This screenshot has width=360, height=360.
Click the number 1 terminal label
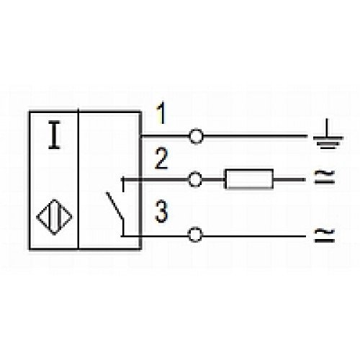pyautogui.click(x=161, y=113)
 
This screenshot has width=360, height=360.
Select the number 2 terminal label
pyautogui.click(x=161, y=158)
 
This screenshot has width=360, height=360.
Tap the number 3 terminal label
pyautogui.click(x=161, y=212)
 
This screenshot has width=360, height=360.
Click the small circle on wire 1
pyautogui.click(x=197, y=136)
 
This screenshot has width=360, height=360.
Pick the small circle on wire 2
pyautogui.click(x=194, y=179)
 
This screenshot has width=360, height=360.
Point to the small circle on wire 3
pyautogui.click(x=195, y=235)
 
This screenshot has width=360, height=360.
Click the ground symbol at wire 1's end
pyautogui.click(x=328, y=135)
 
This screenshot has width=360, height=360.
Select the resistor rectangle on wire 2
pyautogui.click(x=249, y=179)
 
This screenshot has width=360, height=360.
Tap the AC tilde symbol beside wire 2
pyautogui.click(x=325, y=177)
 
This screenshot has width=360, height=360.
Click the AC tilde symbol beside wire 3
pyautogui.click(x=325, y=235)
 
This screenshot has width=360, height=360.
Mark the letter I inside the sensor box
pyautogui.click(x=55, y=135)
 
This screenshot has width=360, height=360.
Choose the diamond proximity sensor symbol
pyautogui.click(x=54, y=217)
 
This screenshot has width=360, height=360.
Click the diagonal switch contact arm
pyautogui.click(x=115, y=205)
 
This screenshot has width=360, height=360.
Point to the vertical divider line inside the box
pyautogui.click(x=78, y=179)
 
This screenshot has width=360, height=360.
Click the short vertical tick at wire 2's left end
pyautogui.click(x=123, y=184)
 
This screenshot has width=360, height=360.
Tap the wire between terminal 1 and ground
pyautogui.click(x=256, y=136)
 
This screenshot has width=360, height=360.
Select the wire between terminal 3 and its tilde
pyautogui.click(x=254, y=236)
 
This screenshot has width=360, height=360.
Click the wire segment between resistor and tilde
pyautogui.click(x=289, y=179)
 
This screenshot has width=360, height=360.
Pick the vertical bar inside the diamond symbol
pyautogui.click(x=54, y=217)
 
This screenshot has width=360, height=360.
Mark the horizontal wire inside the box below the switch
pyautogui.click(x=132, y=236)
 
